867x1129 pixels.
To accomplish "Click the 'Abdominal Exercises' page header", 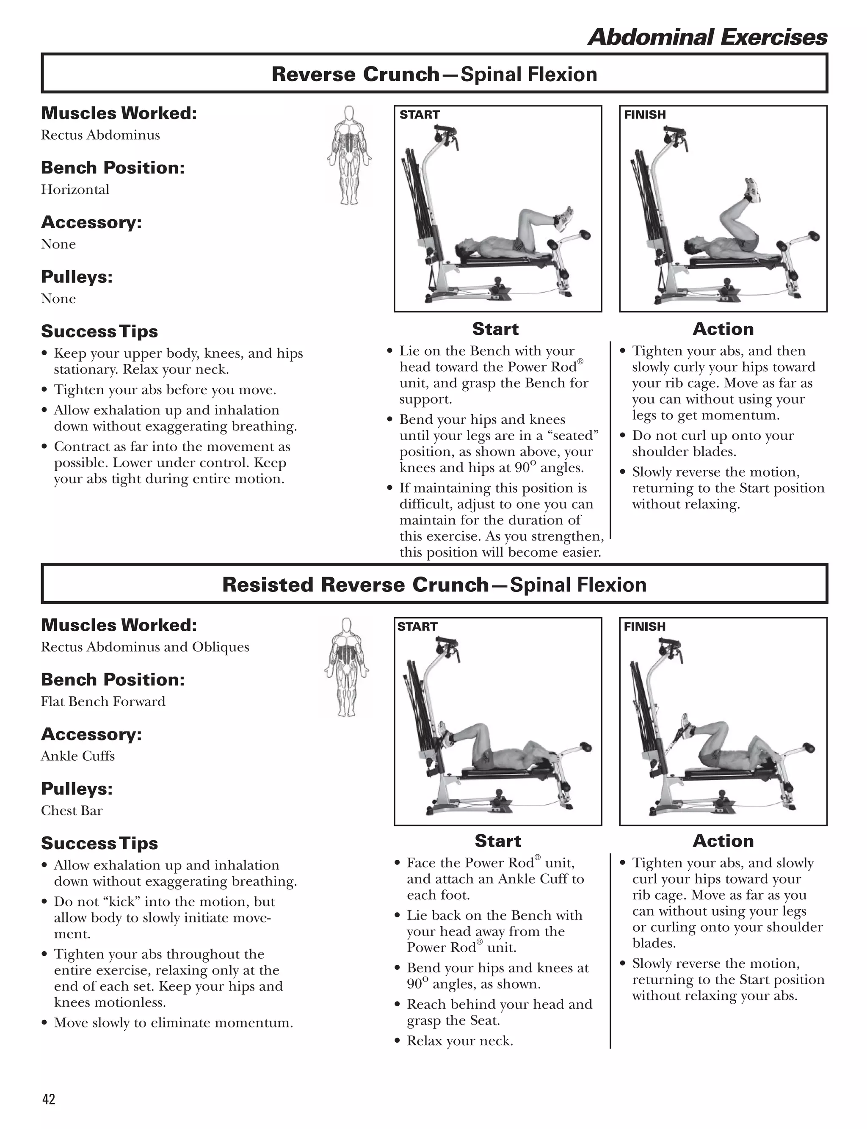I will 707,37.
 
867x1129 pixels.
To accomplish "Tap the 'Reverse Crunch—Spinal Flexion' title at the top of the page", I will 434,75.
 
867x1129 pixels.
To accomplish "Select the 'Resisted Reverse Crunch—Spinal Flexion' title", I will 434,585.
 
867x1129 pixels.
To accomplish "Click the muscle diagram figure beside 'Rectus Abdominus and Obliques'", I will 346,667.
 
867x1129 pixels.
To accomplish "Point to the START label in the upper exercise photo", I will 419,115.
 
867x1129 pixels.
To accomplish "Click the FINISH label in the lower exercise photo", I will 645,627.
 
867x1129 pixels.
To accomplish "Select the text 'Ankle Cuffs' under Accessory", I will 78,756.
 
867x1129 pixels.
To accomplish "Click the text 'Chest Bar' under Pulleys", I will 72,811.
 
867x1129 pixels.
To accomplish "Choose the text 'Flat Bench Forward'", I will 103,701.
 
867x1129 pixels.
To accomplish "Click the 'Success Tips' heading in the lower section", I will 99,843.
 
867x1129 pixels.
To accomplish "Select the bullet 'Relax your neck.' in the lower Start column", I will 459,1041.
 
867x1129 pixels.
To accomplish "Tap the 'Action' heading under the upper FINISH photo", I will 723,328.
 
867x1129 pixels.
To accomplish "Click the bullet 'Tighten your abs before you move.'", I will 165,389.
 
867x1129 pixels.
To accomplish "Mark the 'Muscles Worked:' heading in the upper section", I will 119,113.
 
